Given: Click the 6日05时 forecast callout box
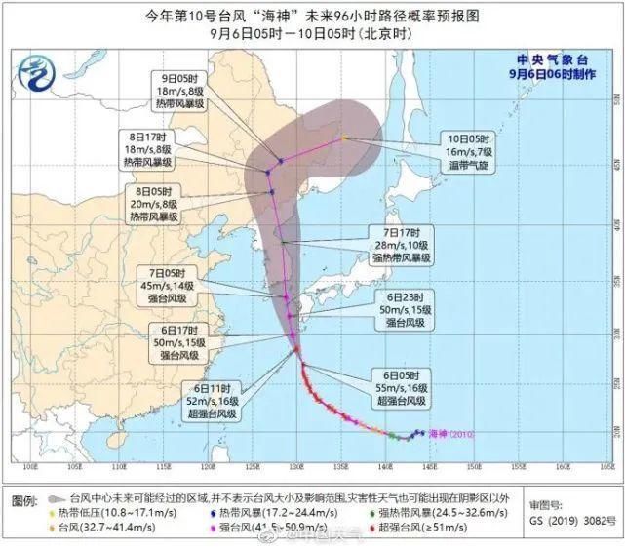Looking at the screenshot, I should click(x=402, y=388).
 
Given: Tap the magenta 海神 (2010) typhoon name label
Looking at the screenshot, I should click(x=450, y=434).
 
